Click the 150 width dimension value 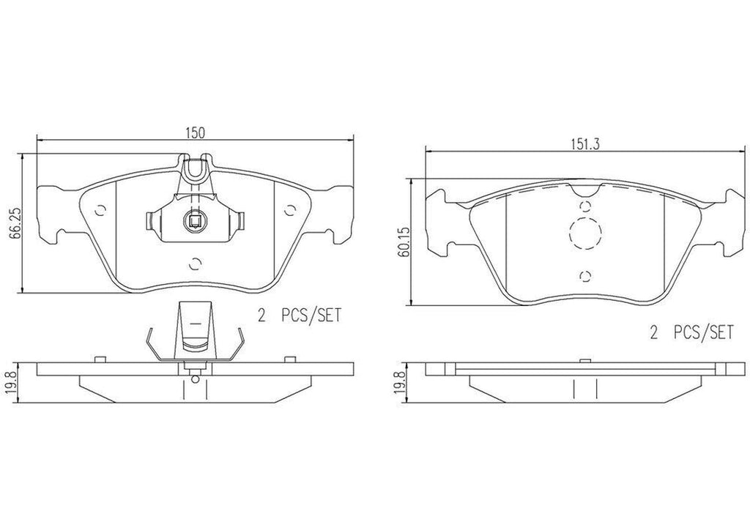194,132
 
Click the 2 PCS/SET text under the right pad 691,333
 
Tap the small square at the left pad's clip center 195,220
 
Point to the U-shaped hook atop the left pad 194,168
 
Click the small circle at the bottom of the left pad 195,263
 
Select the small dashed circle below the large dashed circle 584,275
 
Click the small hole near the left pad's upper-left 100,210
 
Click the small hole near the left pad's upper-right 291,210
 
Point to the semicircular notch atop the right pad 584,193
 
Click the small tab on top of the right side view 584,360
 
